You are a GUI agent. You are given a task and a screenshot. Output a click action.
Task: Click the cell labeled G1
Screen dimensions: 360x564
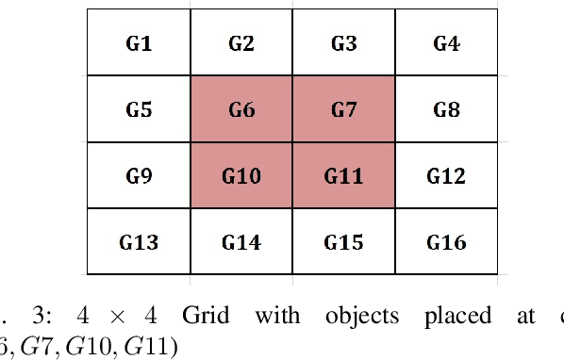pos(139,42)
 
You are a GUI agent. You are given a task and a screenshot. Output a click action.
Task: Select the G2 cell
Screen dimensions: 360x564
pos(241,42)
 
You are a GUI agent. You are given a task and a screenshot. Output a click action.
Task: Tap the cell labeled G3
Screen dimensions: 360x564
pos(343,42)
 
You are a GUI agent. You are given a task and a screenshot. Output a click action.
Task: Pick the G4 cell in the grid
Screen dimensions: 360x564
pos(446,42)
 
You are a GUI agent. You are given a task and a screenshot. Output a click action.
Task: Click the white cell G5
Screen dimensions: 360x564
pos(139,109)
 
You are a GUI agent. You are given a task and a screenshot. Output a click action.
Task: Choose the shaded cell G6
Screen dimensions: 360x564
pos(241,109)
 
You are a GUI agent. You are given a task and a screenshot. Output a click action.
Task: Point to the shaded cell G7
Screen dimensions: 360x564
pos(343,109)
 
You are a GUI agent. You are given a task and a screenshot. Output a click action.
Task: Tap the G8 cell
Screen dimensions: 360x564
pos(446,109)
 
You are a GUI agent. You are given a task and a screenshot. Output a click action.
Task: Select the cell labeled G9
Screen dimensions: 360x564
pos(139,175)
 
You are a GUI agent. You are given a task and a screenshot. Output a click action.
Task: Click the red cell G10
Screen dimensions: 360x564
pos(241,175)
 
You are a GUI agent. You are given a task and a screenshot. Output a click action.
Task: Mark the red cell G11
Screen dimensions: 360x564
pos(343,175)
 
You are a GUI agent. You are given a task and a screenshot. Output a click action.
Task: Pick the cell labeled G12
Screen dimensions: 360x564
pos(446,175)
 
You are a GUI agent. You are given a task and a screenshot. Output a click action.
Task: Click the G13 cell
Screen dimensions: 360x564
pos(139,242)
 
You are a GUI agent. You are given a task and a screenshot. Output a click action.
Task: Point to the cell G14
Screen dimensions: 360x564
pos(241,242)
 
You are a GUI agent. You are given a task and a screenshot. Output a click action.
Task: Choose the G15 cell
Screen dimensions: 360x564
pos(343,242)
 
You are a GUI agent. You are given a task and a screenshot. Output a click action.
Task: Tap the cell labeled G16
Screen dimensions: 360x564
pos(446,242)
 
